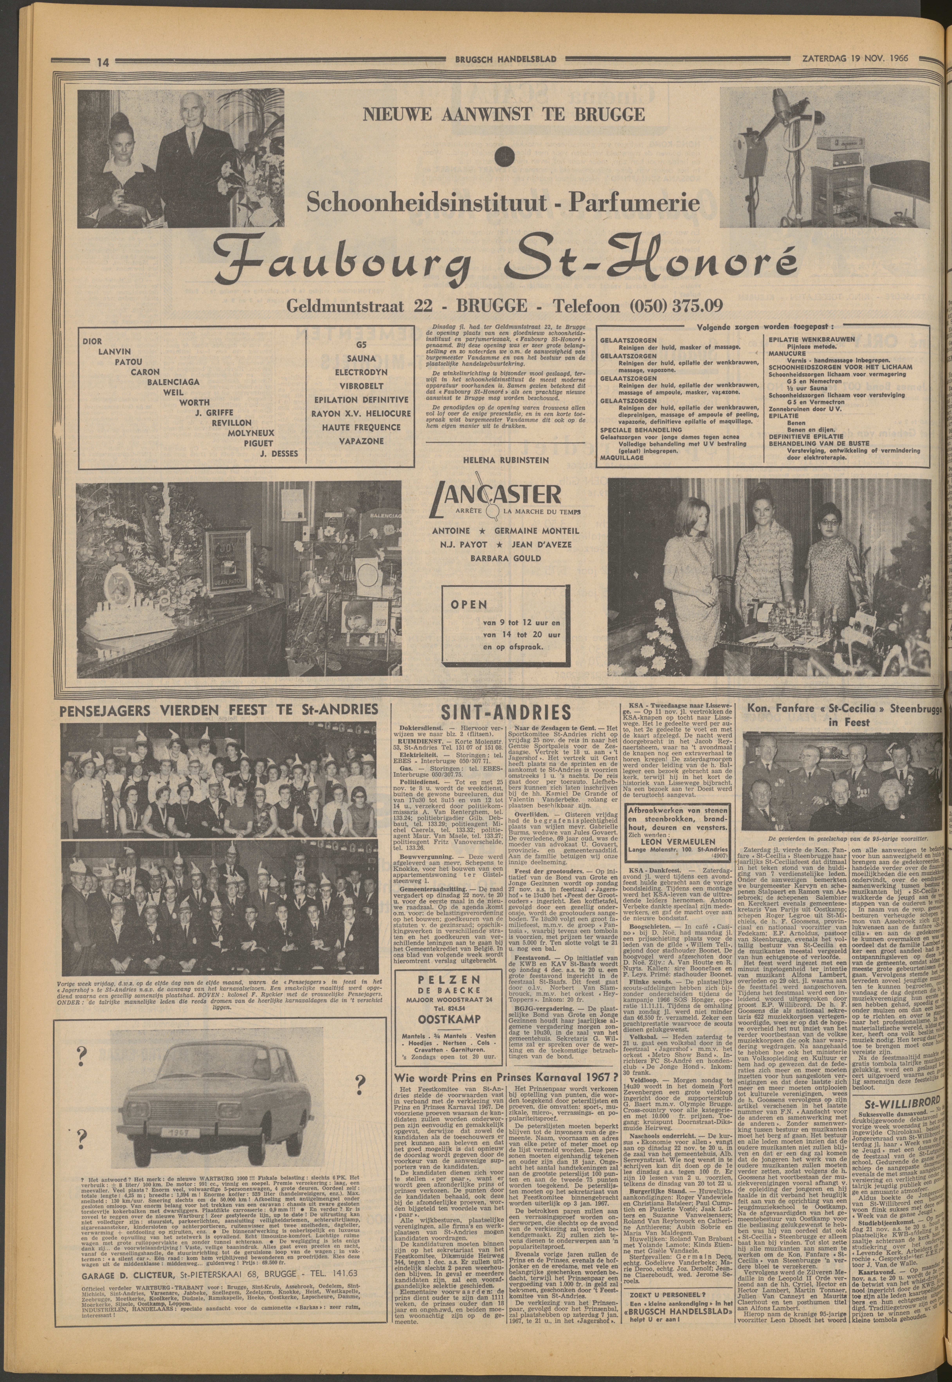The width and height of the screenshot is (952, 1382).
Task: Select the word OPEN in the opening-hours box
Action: tap(469, 604)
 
